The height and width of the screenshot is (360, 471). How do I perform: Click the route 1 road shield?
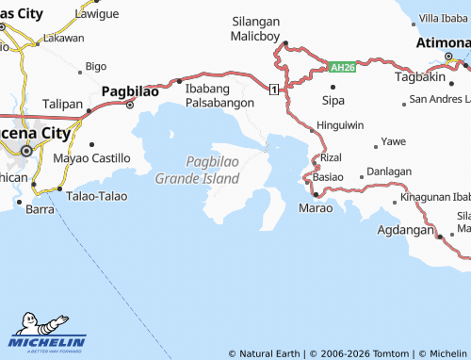(272, 89)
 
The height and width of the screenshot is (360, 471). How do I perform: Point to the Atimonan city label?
(443, 43)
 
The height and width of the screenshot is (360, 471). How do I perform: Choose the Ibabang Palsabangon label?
(220, 95)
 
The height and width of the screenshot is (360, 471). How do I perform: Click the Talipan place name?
(63, 104)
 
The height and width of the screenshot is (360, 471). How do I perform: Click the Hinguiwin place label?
(340, 124)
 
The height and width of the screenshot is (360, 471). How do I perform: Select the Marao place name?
(315, 207)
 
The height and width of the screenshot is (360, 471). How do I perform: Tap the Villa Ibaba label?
(442, 18)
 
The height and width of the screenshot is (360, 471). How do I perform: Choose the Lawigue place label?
(97, 14)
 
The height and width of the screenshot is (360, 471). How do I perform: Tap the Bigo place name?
(96, 66)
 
